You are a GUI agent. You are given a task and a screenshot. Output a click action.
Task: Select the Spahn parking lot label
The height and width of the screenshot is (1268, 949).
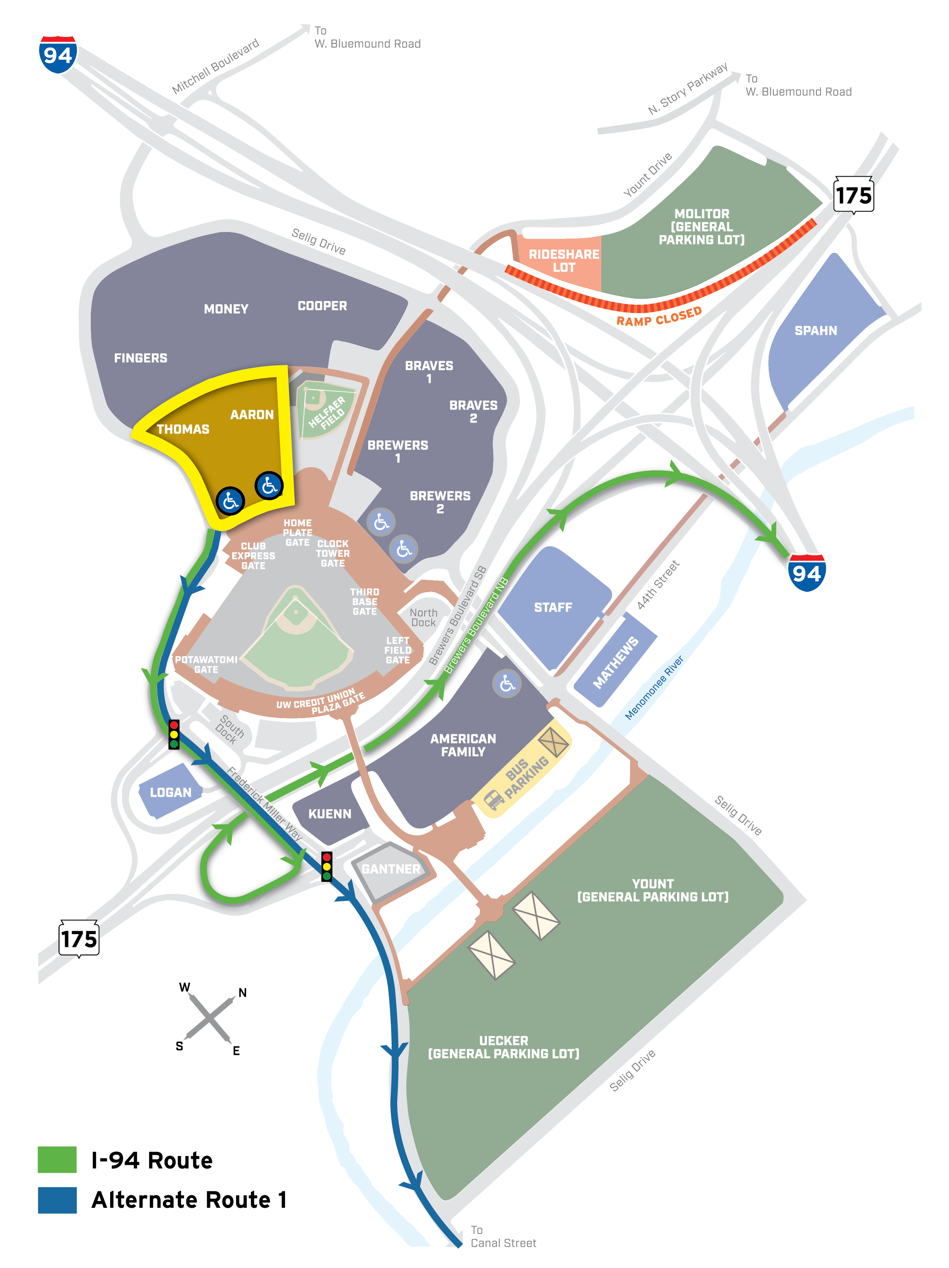[815, 331]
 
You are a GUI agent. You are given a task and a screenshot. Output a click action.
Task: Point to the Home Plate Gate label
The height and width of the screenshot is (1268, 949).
[297, 533]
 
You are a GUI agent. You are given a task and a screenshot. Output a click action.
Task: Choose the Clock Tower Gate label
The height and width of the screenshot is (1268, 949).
[332, 553]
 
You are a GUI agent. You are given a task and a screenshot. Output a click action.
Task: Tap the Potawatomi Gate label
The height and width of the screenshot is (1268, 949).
[206, 664]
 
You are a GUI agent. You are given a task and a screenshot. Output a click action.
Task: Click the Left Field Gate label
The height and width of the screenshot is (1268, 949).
[397, 650]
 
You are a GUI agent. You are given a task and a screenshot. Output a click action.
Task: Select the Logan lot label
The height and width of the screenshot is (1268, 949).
[170, 792]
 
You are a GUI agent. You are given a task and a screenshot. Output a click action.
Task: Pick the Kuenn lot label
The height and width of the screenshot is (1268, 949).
[329, 814]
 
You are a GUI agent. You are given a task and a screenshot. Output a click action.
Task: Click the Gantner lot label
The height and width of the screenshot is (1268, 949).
[390, 869]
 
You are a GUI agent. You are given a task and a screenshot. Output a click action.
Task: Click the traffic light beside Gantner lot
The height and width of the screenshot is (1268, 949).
[326, 866]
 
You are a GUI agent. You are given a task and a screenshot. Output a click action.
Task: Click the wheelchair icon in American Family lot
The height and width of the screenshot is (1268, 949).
[506, 683]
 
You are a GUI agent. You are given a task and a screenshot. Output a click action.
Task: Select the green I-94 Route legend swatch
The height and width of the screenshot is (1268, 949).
[57, 1160]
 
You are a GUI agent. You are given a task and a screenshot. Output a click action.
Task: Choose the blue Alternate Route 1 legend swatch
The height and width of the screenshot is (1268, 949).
[57, 1200]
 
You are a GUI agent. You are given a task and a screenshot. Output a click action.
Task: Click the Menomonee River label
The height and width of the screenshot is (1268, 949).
[654, 687]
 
